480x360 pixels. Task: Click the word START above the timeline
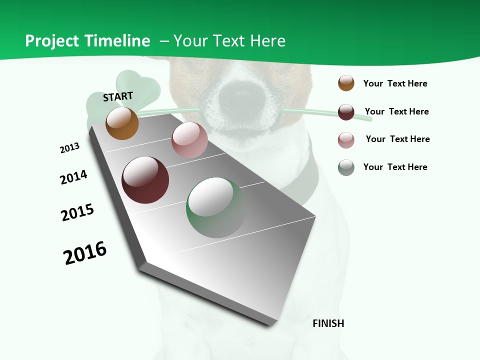pyautogui.click(x=118, y=96)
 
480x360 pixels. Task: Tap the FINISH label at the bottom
pyautogui.click(x=328, y=323)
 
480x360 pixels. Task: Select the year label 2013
pyautogui.click(x=69, y=148)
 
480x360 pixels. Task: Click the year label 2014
pyautogui.click(x=73, y=177)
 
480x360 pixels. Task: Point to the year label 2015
pyautogui.click(x=77, y=212)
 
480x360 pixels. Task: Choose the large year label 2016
pyautogui.click(x=85, y=253)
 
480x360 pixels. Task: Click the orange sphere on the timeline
pyautogui.click(x=122, y=123)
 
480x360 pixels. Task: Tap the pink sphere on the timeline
pyautogui.click(x=189, y=140)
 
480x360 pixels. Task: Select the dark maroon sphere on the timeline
pyautogui.click(x=145, y=180)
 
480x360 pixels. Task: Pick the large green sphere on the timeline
pyautogui.click(x=216, y=207)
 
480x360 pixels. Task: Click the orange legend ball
pyautogui.click(x=346, y=83)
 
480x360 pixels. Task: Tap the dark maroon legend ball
pyautogui.click(x=346, y=112)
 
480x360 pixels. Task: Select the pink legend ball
pyautogui.click(x=346, y=140)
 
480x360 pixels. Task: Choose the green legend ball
pyautogui.click(x=346, y=167)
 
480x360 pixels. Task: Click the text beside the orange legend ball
pyautogui.click(x=395, y=83)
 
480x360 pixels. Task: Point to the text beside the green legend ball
pyautogui.click(x=395, y=167)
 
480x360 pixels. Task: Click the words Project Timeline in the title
pyautogui.click(x=87, y=41)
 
